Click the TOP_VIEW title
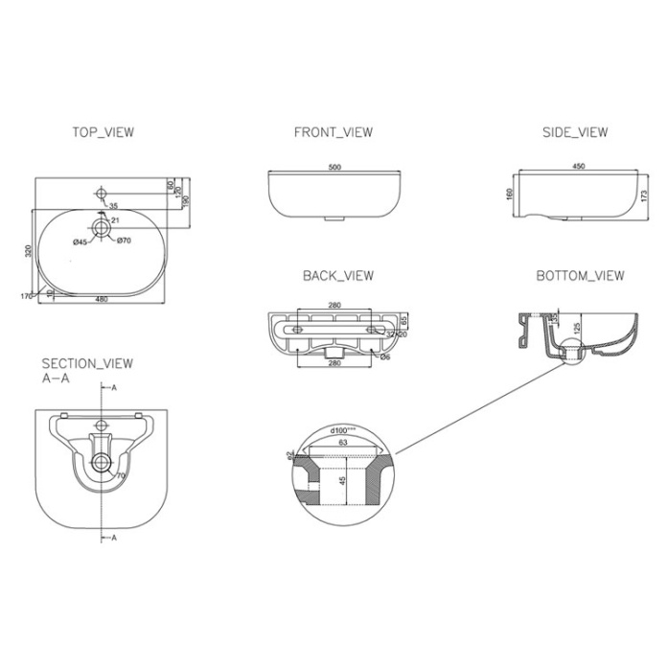[x=103, y=132]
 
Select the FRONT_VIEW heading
[x=333, y=132]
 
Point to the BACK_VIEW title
[x=338, y=276]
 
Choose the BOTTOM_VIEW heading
[x=579, y=276]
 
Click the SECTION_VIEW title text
[x=87, y=363]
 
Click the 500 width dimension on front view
[x=334, y=168]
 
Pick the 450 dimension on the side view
[x=578, y=167]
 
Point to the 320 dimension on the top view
[x=30, y=250]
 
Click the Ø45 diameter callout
[x=80, y=241]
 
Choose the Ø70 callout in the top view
[x=123, y=241]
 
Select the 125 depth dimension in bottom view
[x=577, y=330]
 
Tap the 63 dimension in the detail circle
[x=341, y=444]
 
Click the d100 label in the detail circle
[x=340, y=431]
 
